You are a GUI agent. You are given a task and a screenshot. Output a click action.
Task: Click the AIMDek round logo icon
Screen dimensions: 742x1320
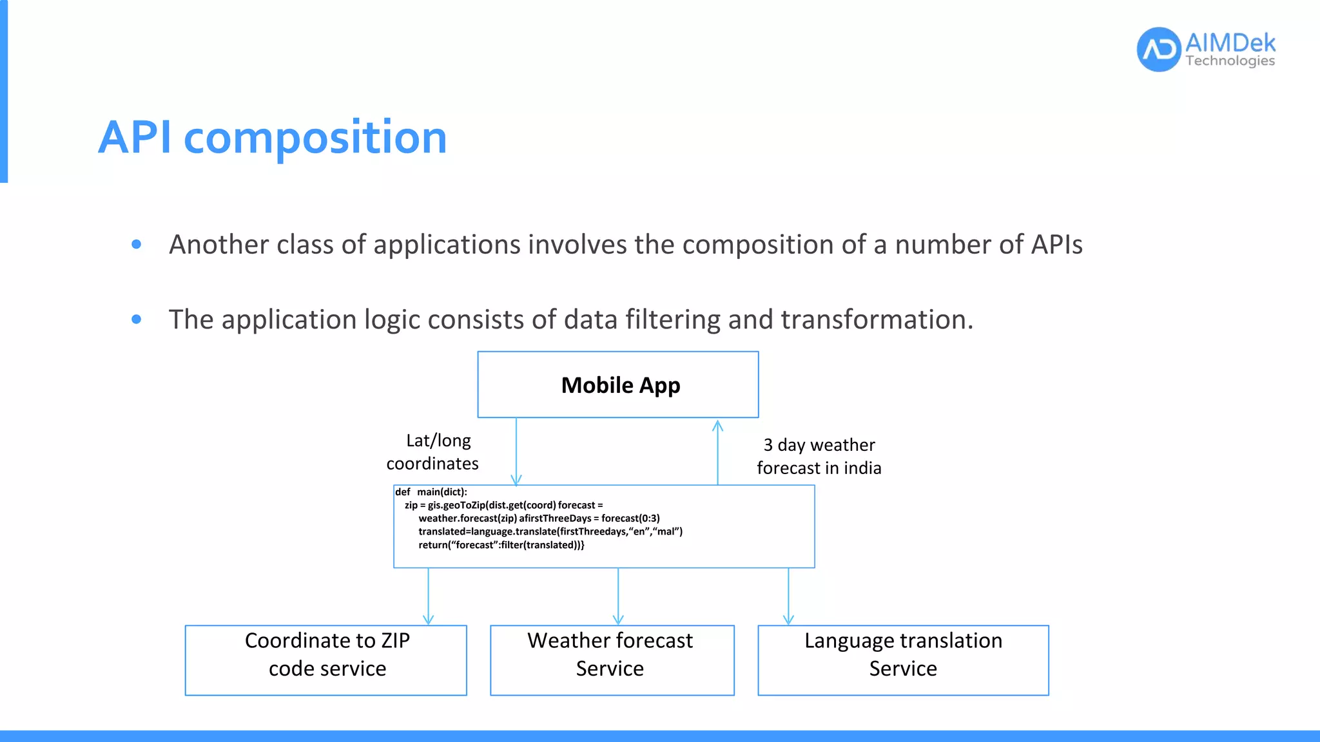tap(1158, 49)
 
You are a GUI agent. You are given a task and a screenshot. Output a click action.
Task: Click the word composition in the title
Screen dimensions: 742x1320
tap(315, 138)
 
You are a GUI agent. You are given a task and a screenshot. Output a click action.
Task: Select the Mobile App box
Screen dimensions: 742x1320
tap(617, 385)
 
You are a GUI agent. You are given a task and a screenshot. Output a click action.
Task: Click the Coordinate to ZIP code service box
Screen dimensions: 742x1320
tap(326, 660)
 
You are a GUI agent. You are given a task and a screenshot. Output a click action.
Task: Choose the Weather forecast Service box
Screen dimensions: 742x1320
tap(612, 660)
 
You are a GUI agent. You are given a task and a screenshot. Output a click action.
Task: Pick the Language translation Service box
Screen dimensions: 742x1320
tap(903, 660)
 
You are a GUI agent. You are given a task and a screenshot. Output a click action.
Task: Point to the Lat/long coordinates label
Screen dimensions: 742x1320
tap(432, 452)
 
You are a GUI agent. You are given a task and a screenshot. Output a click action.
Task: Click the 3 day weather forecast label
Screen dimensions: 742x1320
tap(819, 456)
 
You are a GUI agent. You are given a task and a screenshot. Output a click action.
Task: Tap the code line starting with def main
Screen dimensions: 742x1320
tap(431, 492)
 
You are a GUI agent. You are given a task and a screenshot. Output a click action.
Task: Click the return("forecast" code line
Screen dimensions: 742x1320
tap(501, 545)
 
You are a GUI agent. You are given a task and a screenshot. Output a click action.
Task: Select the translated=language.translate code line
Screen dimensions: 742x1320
tap(550, 531)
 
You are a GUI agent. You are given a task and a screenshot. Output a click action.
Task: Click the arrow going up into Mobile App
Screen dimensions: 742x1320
tap(717, 451)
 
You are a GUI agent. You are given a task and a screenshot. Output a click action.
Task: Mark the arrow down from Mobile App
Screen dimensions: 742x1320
tap(516, 451)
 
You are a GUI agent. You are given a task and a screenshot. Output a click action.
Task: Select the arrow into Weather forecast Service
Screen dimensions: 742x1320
tap(618, 596)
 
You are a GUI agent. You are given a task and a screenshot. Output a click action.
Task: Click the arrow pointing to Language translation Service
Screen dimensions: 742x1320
tap(788, 596)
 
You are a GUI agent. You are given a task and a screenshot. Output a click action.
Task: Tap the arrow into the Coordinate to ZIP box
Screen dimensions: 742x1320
tap(429, 596)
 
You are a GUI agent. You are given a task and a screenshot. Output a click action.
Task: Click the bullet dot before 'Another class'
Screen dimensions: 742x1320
tap(136, 244)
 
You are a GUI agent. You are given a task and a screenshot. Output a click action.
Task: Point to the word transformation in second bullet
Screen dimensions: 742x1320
tap(876, 319)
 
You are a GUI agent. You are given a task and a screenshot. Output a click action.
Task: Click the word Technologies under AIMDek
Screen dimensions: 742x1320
tap(1230, 61)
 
